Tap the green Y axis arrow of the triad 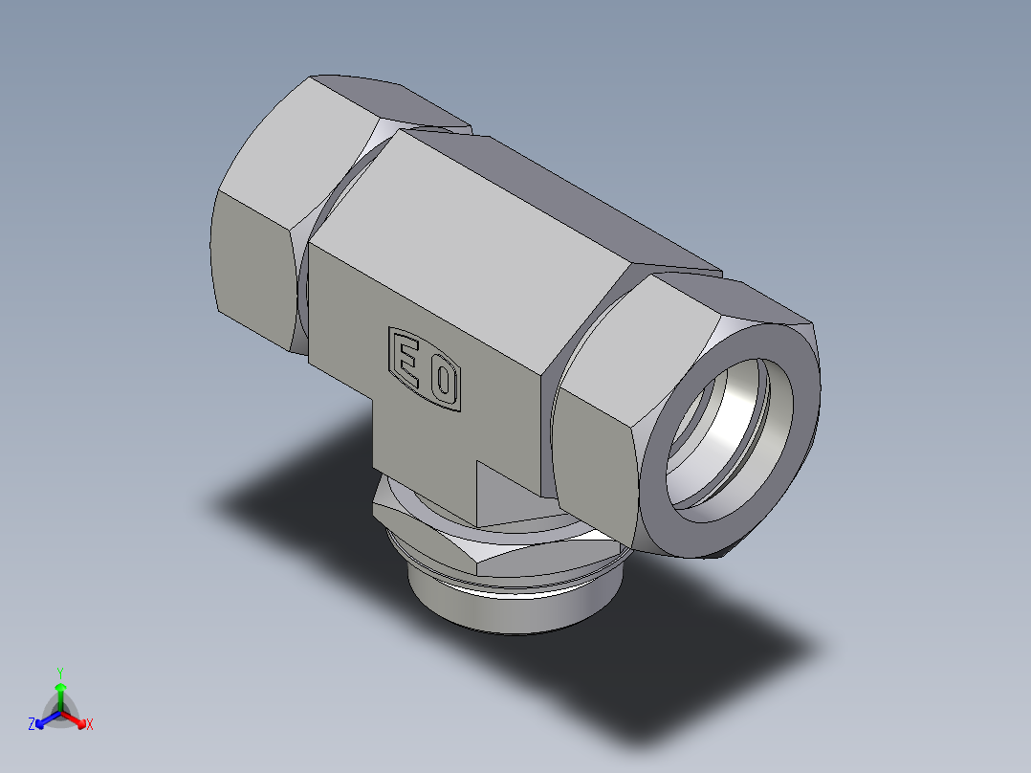(60, 691)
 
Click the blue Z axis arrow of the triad (42, 720)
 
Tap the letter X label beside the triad (90, 725)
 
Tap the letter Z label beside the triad (32, 725)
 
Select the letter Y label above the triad (60, 673)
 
